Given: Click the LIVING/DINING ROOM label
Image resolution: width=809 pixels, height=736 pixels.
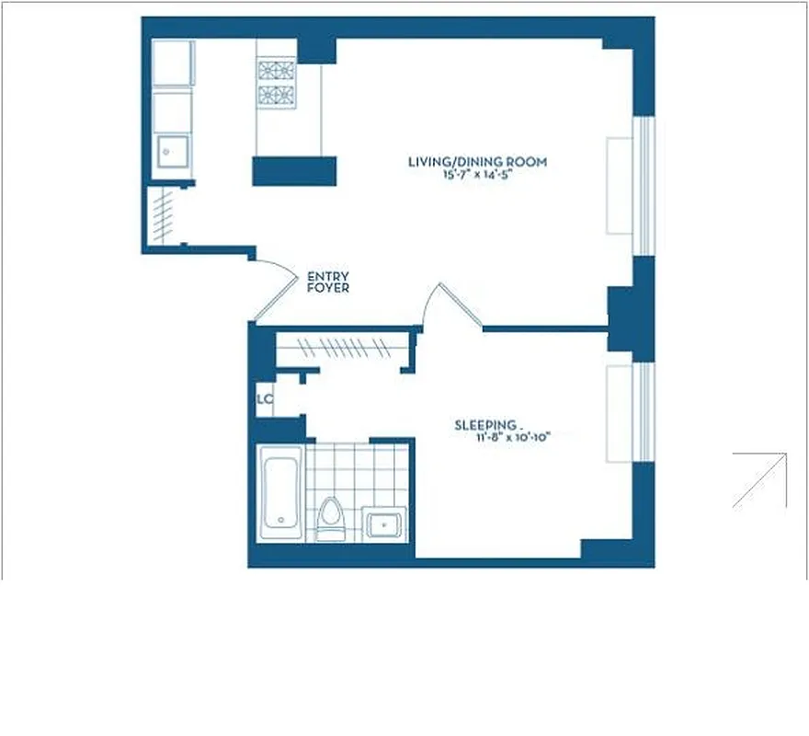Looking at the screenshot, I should [477, 162].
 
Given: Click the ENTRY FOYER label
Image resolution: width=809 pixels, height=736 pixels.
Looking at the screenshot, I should [327, 282].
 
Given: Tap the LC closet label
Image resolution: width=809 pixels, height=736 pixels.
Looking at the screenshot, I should [265, 399].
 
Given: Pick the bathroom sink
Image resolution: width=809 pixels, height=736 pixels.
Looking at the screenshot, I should [382, 523].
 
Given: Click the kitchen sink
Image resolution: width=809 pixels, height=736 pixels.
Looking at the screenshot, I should [172, 151].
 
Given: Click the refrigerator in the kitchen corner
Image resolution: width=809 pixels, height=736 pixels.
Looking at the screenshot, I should [172, 63].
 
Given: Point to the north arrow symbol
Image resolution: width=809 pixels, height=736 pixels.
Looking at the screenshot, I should [759, 479].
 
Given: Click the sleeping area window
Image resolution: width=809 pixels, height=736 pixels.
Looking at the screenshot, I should [645, 412].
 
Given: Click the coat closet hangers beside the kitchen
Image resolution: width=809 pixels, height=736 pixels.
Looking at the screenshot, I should [162, 216].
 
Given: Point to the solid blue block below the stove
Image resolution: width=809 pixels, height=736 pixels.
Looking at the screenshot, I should [294, 171].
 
